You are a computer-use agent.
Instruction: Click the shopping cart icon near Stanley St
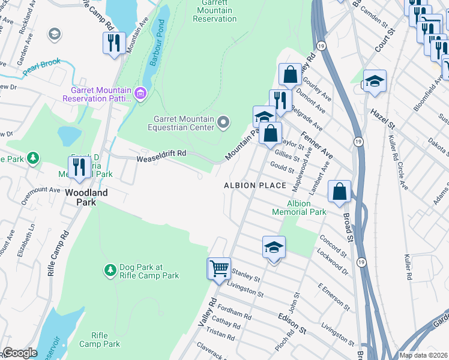[219, 268]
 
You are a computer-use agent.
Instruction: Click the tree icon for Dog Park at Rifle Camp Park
[110, 271]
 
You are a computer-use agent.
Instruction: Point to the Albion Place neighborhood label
[255, 185]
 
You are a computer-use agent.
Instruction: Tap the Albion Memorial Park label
[299, 208]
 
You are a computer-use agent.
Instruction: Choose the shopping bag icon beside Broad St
[340, 192]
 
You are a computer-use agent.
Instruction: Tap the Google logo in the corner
[20, 353]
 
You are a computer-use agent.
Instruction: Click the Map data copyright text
[423, 355]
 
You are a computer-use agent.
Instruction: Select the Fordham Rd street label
[235, 313]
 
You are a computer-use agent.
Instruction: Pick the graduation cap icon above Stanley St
[274, 247]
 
